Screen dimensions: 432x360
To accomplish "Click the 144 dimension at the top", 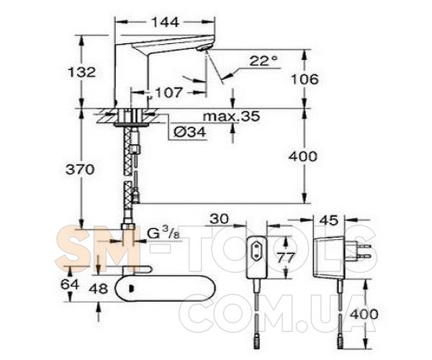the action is (x=165, y=22).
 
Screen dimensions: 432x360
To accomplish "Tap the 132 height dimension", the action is (x=82, y=72).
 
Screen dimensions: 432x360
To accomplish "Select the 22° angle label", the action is (x=263, y=60).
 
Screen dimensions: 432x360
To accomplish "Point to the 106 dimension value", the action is (x=305, y=79).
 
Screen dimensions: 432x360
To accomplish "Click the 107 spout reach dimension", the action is (x=168, y=92).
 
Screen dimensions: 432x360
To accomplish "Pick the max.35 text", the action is (x=231, y=116).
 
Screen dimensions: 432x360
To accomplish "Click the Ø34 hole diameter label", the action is (x=190, y=132).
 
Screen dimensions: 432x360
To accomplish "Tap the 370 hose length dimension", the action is (x=80, y=169).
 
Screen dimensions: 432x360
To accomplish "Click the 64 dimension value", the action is (x=70, y=284).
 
